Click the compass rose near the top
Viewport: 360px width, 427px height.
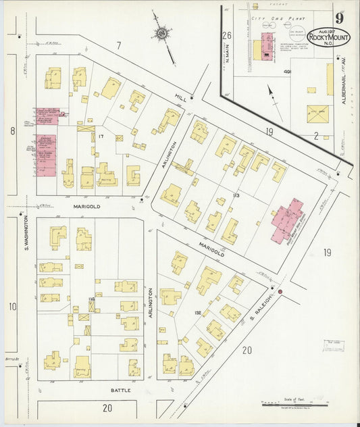pyautogui.click(x=162, y=32)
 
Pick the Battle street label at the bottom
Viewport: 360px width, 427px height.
pyautogui.click(x=120, y=391)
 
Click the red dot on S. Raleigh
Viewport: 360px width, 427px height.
pyautogui.click(x=281, y=291)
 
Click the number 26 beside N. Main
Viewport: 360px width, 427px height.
pyautogui.click(x=227, y=35)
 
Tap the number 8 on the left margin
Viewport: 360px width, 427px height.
pyautogui.click(x=12, y=130)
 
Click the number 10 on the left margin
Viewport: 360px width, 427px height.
pyautogui.click(x=12, y=306)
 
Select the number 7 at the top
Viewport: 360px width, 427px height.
pyautogui.click(x=118, y=45)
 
